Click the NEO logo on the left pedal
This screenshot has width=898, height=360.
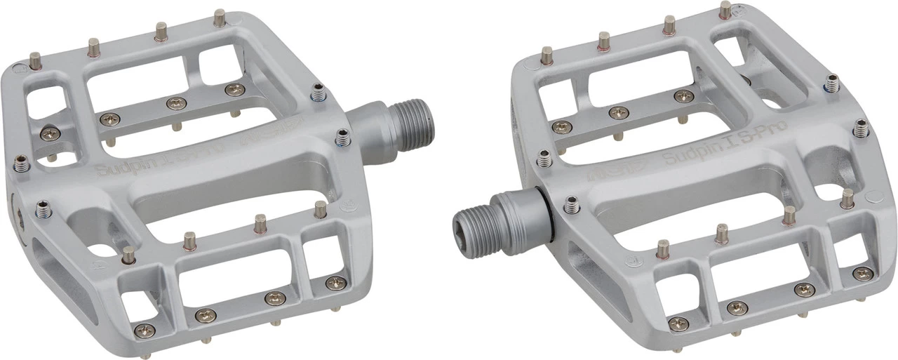270,136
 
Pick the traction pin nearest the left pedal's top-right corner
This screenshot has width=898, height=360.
220,18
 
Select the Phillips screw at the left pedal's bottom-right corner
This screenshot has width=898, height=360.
333,283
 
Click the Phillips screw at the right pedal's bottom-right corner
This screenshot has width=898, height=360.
862,274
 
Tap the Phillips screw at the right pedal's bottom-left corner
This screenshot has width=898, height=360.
678,324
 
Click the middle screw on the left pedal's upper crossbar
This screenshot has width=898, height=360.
173,104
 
